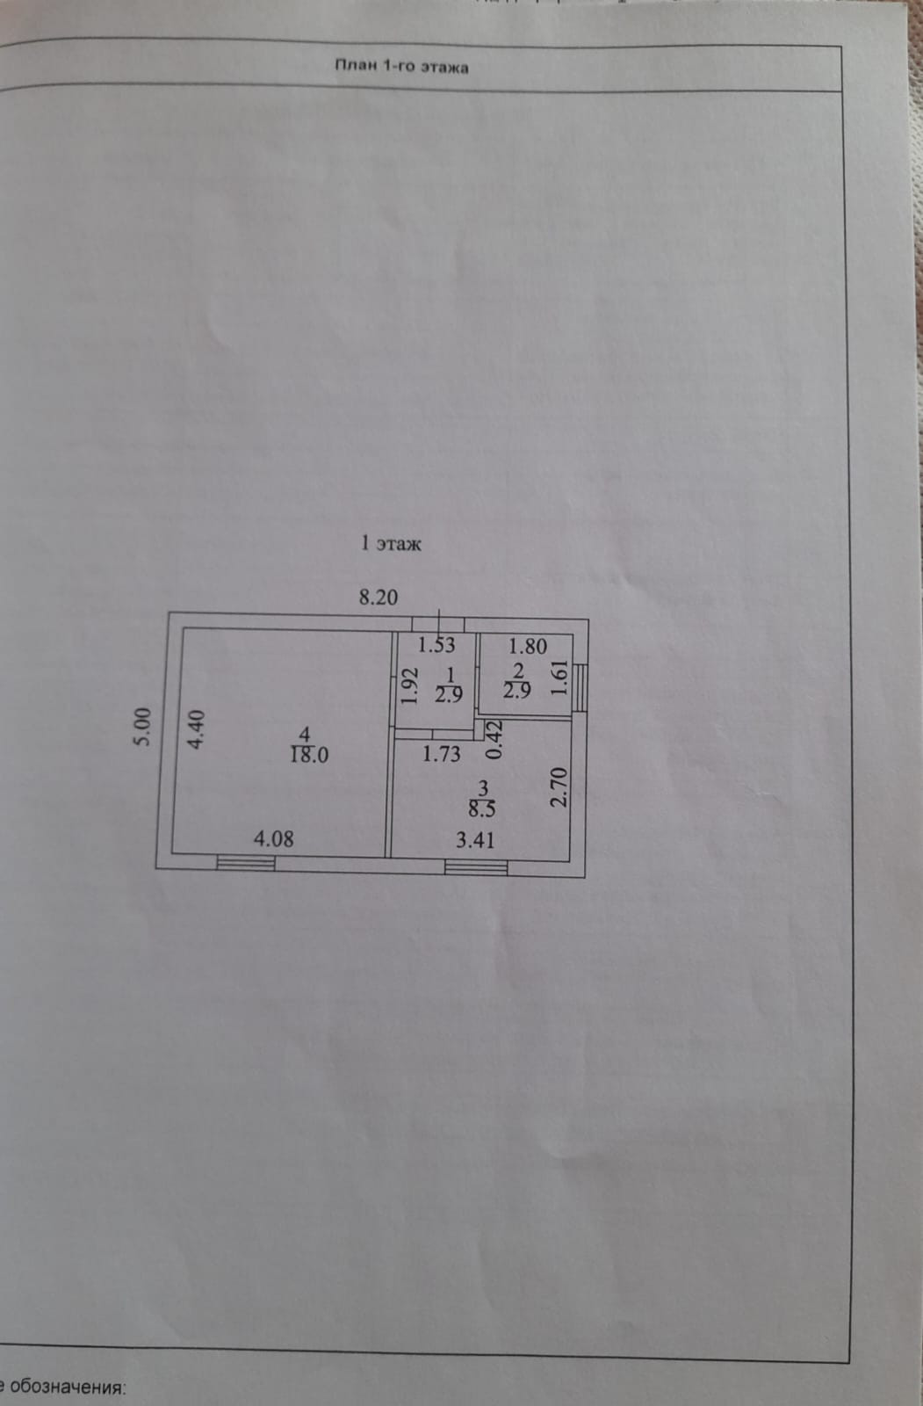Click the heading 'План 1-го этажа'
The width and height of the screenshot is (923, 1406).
point(401,67)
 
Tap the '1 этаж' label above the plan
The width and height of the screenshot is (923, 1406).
point(391,544)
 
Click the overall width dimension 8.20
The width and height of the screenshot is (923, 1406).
point(379,598)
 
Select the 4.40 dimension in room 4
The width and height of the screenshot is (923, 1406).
point(197,729)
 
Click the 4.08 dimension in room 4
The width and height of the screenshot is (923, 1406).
point(274,838)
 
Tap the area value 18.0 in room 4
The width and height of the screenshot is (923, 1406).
point(309,755)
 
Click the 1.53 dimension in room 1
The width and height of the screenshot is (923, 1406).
point(436,645)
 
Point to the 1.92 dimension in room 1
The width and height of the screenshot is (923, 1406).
point(407,687)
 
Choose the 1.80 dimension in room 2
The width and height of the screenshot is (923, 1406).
point(528,647)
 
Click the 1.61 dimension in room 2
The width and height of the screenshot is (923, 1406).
point(559,679)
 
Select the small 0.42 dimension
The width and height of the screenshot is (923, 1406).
point(494,740)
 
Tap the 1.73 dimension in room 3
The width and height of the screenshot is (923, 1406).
point(441,754)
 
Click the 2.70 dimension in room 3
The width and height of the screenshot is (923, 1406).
point(559,788)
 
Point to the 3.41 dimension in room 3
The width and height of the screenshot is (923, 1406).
point(475,839)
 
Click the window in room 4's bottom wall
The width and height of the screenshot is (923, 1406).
point(246,863)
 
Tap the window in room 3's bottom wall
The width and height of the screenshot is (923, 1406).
point(476,868)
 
